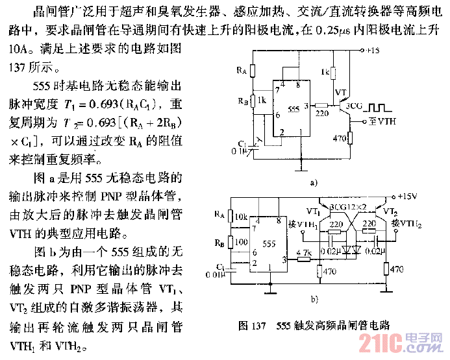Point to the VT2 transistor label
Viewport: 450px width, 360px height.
pyautogui.click(x=390, y=211)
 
